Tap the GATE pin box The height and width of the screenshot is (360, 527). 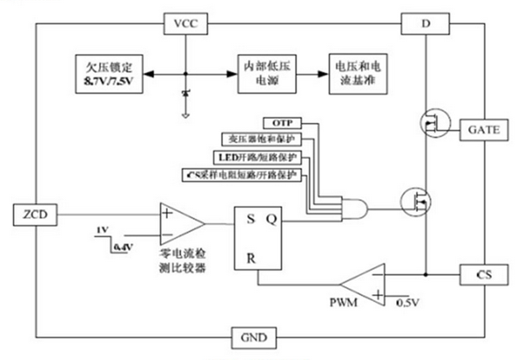point(483,129)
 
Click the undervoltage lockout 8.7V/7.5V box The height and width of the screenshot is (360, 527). point(108,74)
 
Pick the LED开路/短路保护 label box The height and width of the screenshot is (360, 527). point(257,156)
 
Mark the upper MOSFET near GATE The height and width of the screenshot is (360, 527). point(430,124)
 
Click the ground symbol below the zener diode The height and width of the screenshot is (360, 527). point(185,112)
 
